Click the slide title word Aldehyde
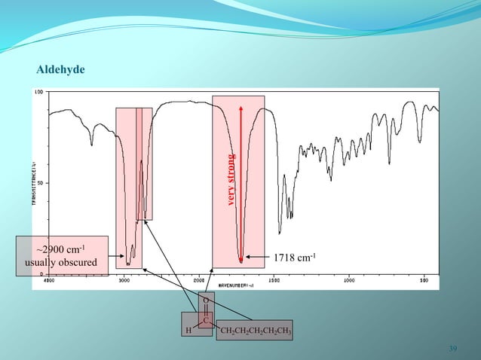61,69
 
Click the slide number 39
452,348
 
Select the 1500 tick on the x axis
274,280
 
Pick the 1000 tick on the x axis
349,280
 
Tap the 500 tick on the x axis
424,280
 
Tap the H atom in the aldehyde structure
188,330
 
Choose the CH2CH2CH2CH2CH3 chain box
255,330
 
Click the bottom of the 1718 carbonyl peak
241,261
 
